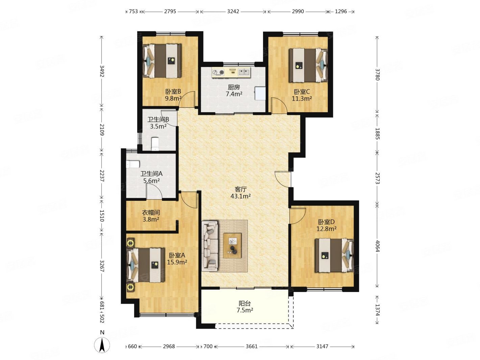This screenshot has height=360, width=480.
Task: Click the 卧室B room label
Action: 173,91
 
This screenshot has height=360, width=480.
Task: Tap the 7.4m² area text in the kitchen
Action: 234,94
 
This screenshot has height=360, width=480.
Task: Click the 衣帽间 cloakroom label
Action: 151,212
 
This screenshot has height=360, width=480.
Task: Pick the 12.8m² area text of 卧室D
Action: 326,229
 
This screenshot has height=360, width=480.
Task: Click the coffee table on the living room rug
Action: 232,245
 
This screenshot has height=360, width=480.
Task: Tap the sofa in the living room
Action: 210,246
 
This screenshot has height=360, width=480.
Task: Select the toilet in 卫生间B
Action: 155,144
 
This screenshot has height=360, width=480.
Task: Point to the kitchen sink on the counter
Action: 244,72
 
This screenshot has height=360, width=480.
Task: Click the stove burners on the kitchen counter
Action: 218,72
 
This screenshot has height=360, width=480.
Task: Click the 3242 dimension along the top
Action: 233,11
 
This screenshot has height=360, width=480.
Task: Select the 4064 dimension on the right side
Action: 377,246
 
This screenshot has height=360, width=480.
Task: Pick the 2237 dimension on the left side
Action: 101,176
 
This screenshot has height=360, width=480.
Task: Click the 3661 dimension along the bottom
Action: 252,346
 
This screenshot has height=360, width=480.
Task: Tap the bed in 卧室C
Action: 308,65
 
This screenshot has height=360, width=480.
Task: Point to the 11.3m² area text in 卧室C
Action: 302,99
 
